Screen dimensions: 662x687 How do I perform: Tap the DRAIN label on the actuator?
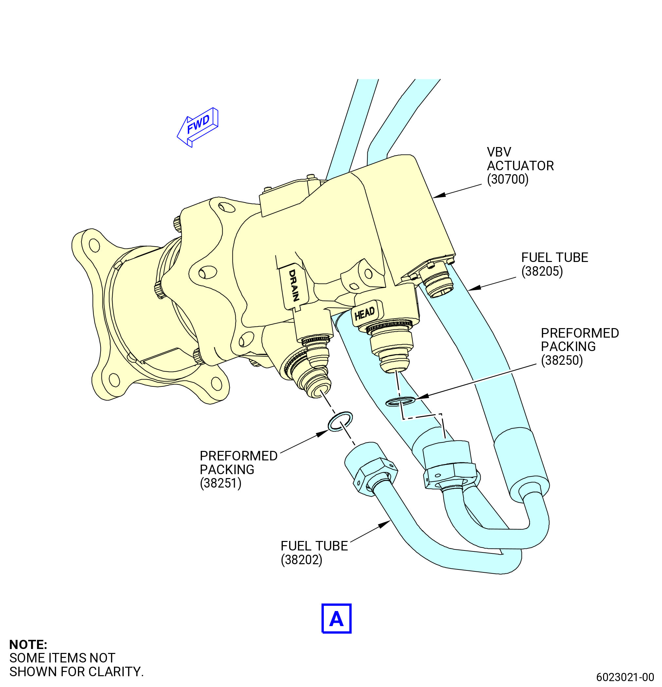click(x=294, y=285)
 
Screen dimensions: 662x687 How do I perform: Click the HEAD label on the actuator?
click(x=364, y=313)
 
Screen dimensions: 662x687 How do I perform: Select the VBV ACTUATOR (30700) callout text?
click(x=520, y=165)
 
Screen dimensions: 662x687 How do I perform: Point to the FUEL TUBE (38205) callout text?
click(x=554, y=264)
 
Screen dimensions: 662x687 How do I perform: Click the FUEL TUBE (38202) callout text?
click(x=314, y=553)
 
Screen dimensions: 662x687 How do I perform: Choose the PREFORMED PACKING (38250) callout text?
click(x=579, y=347)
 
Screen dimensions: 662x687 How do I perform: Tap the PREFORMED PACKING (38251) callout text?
click(x=238, y=469)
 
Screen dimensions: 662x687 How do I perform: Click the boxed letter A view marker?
click(x=336, y=619)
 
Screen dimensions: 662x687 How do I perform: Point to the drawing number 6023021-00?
click(x=625, y=677)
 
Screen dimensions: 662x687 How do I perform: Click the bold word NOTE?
click(x=28, y=644)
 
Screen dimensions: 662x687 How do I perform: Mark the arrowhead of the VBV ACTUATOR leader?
click(x=439, y=195)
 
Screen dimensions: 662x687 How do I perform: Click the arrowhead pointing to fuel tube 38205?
click(x=474, y=288)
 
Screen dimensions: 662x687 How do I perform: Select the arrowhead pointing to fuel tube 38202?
click(x=384, y=524)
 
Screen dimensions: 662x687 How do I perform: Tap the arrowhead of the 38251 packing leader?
click(x=322, y=433)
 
